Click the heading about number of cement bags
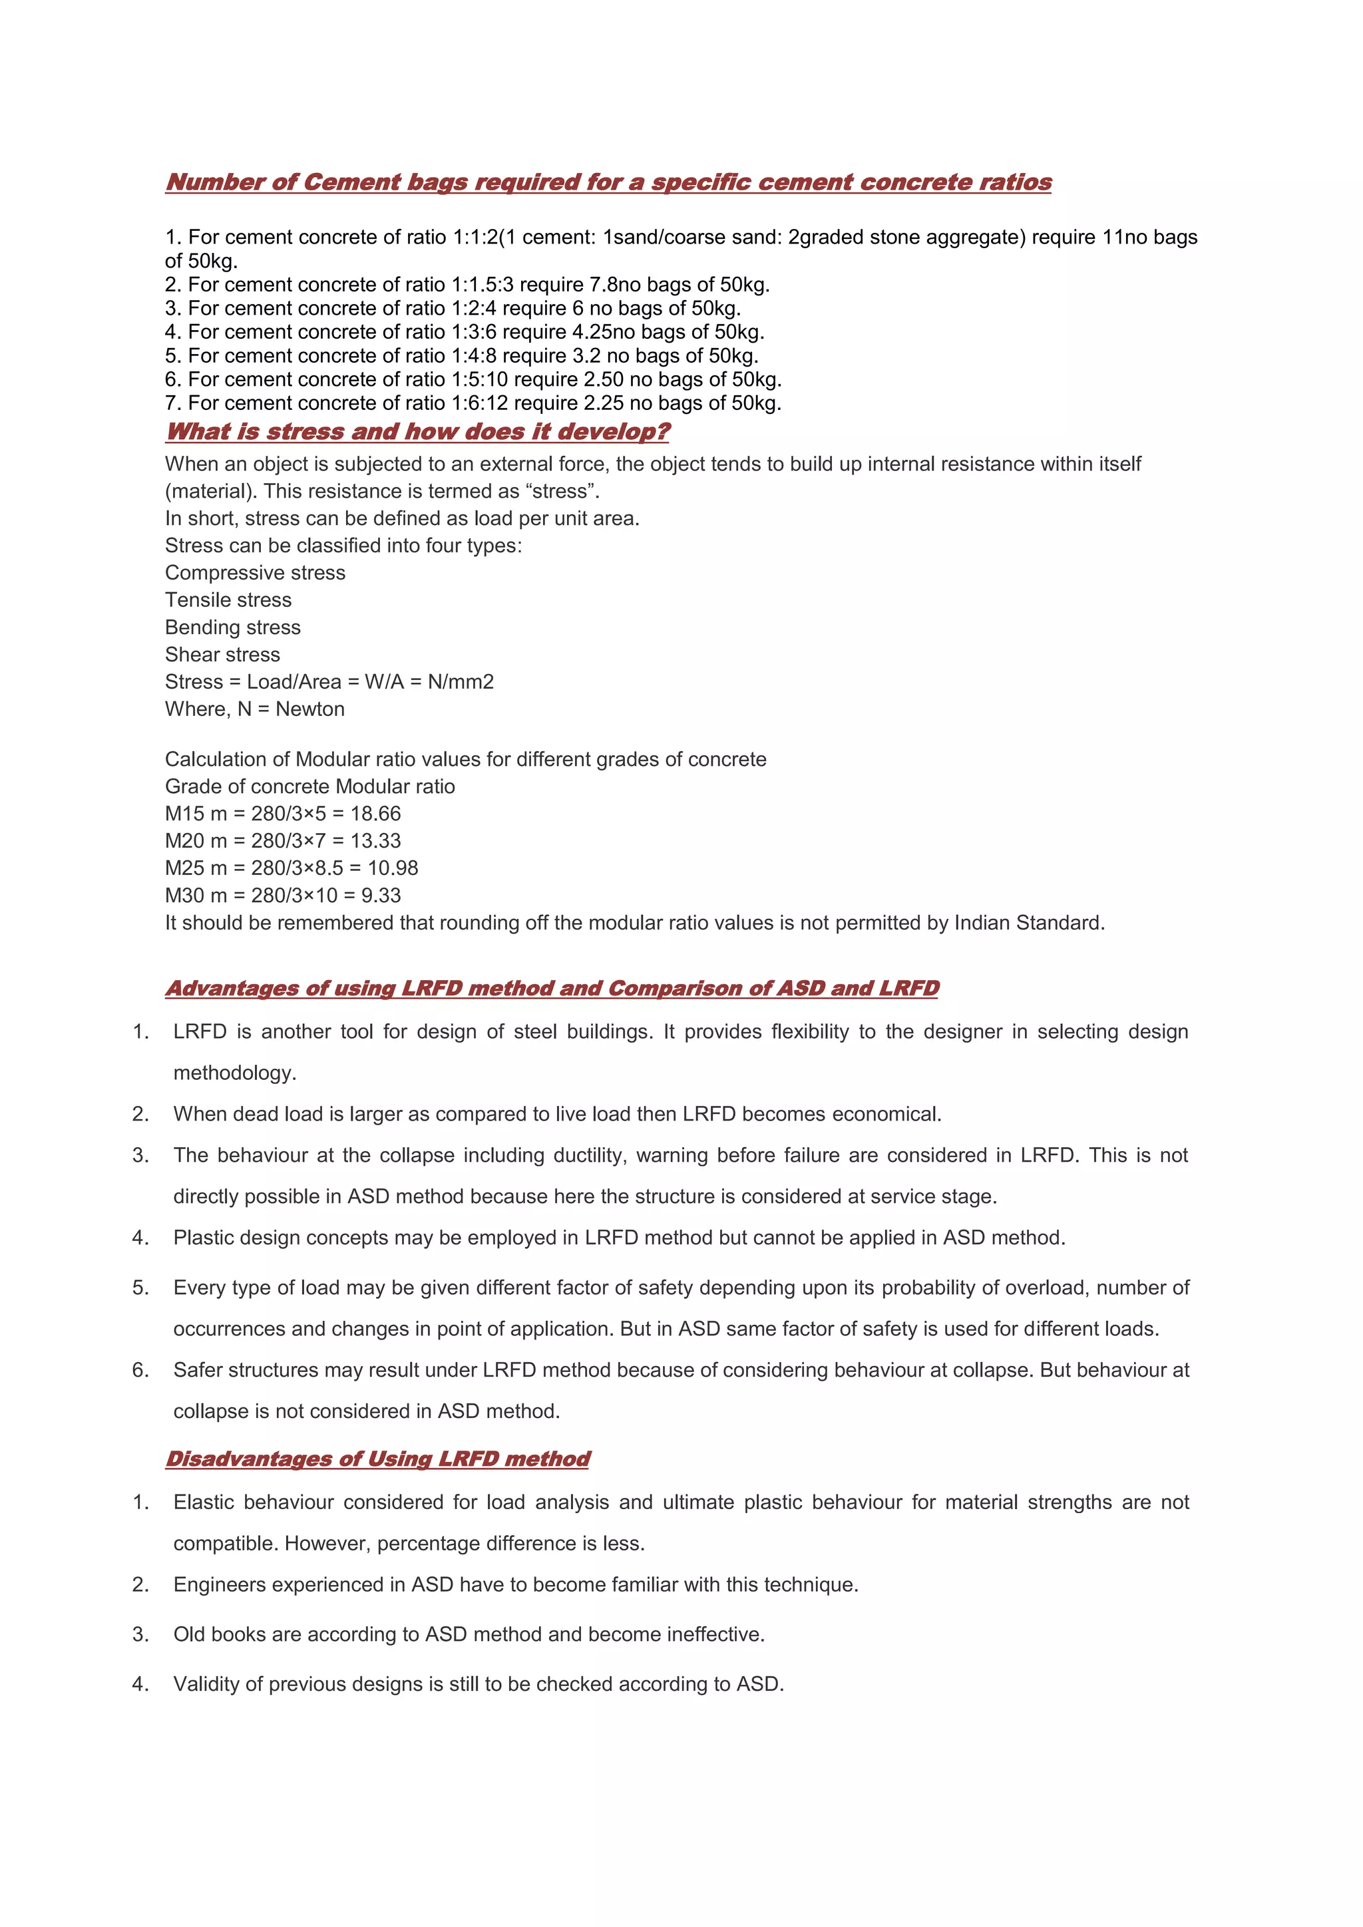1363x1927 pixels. click(608, 182)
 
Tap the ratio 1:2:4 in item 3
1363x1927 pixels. click(473, 308)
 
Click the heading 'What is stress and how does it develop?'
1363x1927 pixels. click(417, 431)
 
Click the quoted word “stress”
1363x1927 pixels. click(560, 491)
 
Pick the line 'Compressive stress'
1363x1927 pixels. click(255, 572)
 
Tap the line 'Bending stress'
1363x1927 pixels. click(232, 627)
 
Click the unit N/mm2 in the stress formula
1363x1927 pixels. click(461, 681)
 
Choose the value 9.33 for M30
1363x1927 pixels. click(381, 896)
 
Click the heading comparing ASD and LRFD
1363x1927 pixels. click(552, 988)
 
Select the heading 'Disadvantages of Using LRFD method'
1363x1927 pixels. click(377, 1459)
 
